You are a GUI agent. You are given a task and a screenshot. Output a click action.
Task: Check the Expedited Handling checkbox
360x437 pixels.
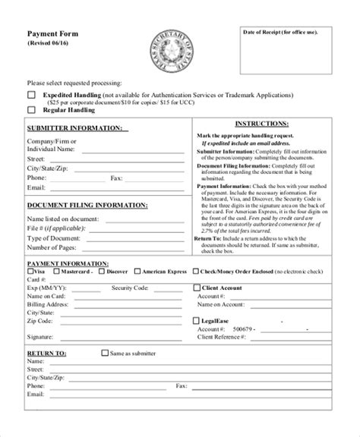pyautogui.click(x=31, y=95)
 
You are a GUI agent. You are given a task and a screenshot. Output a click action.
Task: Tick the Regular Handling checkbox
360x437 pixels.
pyautogui.click(x=31, y=110)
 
